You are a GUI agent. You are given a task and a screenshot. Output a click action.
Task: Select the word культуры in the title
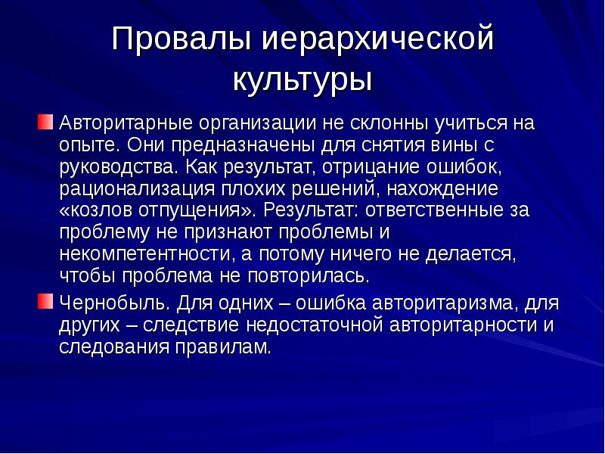(x=302, y=80)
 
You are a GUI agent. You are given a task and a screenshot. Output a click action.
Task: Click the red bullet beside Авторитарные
(x=47, y=122)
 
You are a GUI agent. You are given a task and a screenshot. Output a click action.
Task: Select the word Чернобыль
(x=116, y=304)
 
